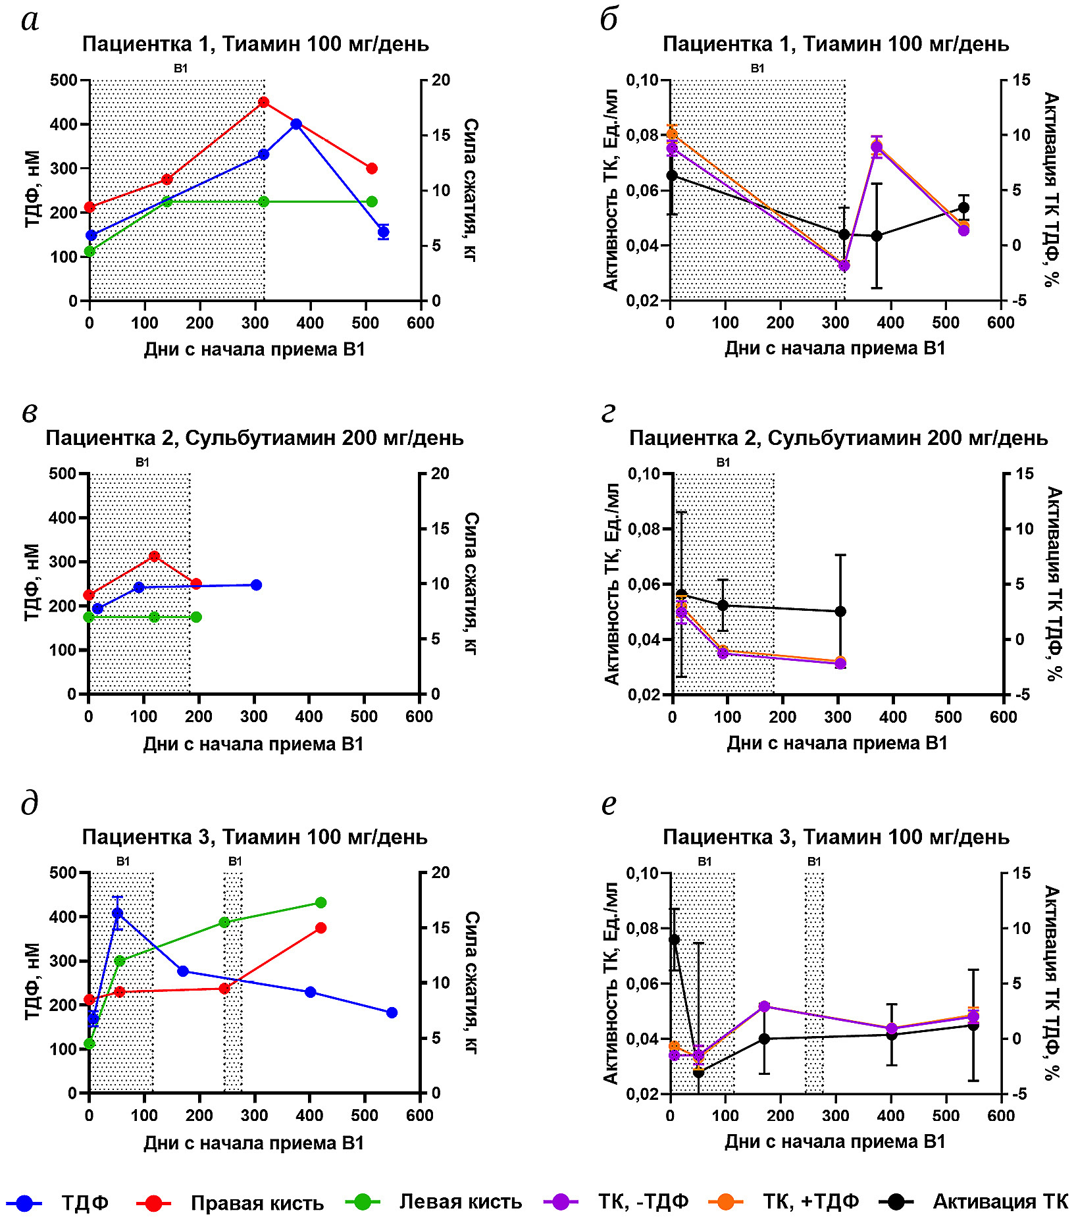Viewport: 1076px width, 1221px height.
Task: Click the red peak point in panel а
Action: [x=264, y=102]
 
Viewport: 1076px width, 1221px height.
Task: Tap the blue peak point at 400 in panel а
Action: [x=296, y=124]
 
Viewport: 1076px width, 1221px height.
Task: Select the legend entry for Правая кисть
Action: [x=257, y=1203]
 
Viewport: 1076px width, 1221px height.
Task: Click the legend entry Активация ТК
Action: [x=1000, y=1202]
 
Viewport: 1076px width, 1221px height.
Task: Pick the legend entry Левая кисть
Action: [x=460, y=1202]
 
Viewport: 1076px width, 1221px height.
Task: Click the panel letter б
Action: [x=609, y=20]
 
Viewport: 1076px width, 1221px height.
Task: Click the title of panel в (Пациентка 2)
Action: [x=255, y=438]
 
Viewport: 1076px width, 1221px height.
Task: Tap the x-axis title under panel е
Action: [x=835, y=1141]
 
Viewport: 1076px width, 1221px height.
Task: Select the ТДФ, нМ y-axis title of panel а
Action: [x=32, y=189]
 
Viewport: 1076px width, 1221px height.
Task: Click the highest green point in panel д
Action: [x=320, y=902]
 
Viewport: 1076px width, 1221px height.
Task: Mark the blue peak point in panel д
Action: [x=118, y=913]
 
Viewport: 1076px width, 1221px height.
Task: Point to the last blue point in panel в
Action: [x=257, y=585]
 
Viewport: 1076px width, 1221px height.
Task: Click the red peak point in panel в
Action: [x=155, y=556]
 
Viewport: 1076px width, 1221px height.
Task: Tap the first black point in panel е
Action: [x=674, y=939]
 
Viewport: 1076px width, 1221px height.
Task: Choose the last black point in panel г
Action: [x=840, y=611]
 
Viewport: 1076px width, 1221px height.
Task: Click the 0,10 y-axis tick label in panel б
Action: [x=642, y=80]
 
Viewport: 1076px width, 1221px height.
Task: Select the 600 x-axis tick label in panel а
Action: [x=421, y=323]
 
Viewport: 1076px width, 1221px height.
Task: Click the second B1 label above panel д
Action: [x=235, y=862]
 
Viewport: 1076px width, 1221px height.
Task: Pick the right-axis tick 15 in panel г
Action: [x=1025, y=474]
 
